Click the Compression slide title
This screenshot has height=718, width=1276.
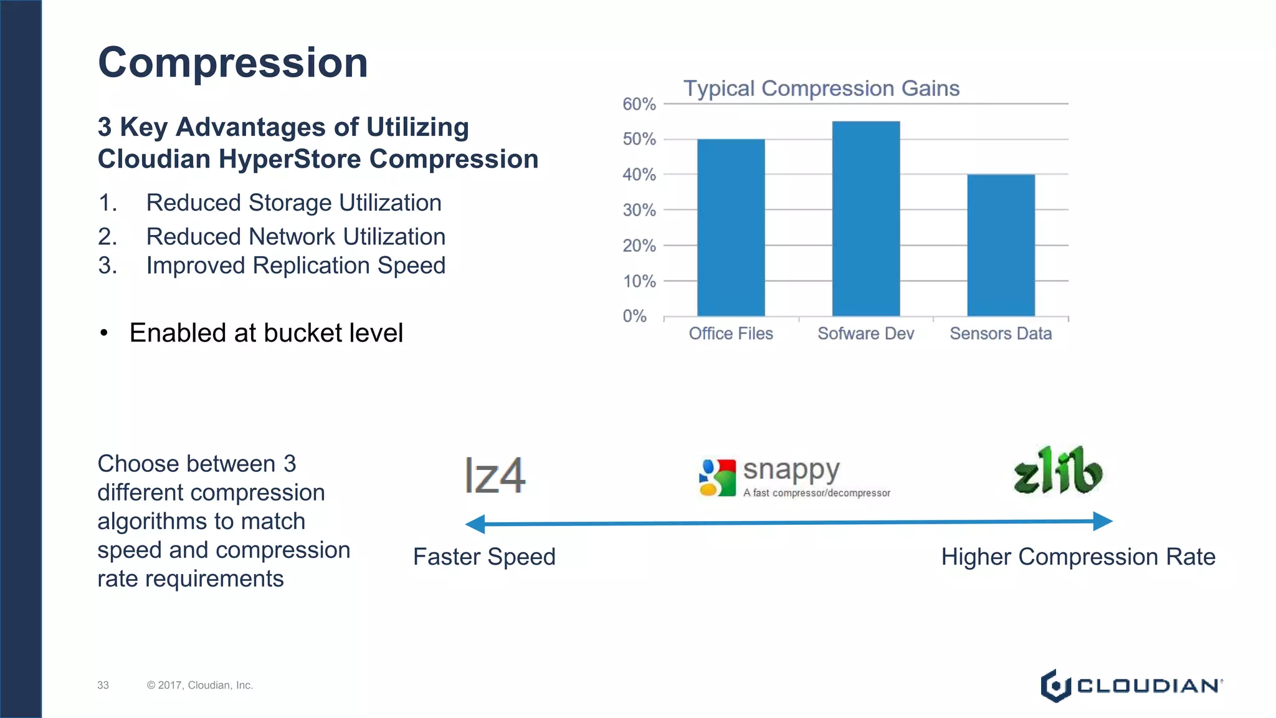pos(232,63)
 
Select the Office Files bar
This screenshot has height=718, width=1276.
pos(730,227)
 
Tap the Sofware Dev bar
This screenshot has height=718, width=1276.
pos(865,218)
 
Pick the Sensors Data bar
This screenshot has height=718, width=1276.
pos(1001,245)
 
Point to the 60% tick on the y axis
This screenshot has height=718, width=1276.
pos(639,104)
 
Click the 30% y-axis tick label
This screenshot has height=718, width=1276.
pos(639,211)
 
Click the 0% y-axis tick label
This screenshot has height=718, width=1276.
pos(635,317)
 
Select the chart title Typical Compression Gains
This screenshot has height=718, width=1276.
pos(821,89)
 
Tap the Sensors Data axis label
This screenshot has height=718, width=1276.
pos(1001,334)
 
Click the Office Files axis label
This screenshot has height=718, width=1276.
pos(730,334)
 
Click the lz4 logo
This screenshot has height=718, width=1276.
pos(495,476)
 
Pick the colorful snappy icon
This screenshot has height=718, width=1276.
pos(717,478)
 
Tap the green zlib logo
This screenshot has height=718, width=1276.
pos(1057,471)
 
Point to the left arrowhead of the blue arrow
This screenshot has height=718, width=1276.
pos(476,524)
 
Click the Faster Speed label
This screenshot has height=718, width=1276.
pos(484,557)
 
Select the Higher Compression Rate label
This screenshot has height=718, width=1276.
pos(1078,557)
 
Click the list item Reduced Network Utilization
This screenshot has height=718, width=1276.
pos(295,237)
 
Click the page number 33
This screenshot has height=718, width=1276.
pos(103,686)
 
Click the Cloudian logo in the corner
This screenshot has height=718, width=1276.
pos(1131,686)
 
